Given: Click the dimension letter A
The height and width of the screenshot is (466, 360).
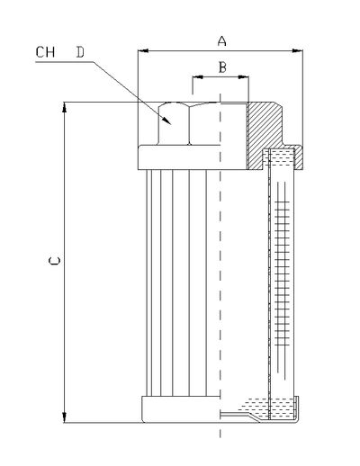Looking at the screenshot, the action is [221, 40].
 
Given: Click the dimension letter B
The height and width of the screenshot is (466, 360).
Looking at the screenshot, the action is [222, 67].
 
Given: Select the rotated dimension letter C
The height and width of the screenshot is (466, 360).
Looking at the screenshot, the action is [54, 261].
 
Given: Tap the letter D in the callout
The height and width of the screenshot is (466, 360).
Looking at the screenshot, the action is [80, 52].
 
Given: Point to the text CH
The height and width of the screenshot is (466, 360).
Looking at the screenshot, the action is [45, 52].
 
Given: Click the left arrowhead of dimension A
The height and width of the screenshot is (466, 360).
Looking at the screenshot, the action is [143, 51].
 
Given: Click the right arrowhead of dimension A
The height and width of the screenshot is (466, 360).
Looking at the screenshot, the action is [297, 51].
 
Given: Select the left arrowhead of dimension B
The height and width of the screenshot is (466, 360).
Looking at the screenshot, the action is [198, 77].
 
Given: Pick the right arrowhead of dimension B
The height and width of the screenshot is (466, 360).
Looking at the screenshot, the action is [243, 77].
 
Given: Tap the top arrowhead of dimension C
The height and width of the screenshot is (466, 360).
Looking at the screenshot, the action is [64, 107].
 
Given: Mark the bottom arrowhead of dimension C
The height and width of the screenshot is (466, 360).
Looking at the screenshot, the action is [64, 417].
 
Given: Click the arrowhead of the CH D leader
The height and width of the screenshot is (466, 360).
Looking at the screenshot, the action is [166, 120].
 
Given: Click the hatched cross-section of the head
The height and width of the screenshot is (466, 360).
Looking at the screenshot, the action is [264, 129].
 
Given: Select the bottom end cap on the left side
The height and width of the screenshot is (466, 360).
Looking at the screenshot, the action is [181, 409].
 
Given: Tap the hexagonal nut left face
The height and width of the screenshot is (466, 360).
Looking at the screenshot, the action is [174, 123].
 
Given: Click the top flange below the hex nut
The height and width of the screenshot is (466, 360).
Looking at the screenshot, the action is [193, 157].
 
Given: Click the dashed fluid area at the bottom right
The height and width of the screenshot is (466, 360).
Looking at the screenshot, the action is [267, 408].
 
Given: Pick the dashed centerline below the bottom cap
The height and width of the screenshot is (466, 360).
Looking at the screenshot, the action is [220, 430].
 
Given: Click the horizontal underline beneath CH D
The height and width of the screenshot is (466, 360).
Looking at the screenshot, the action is [65, 62].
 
